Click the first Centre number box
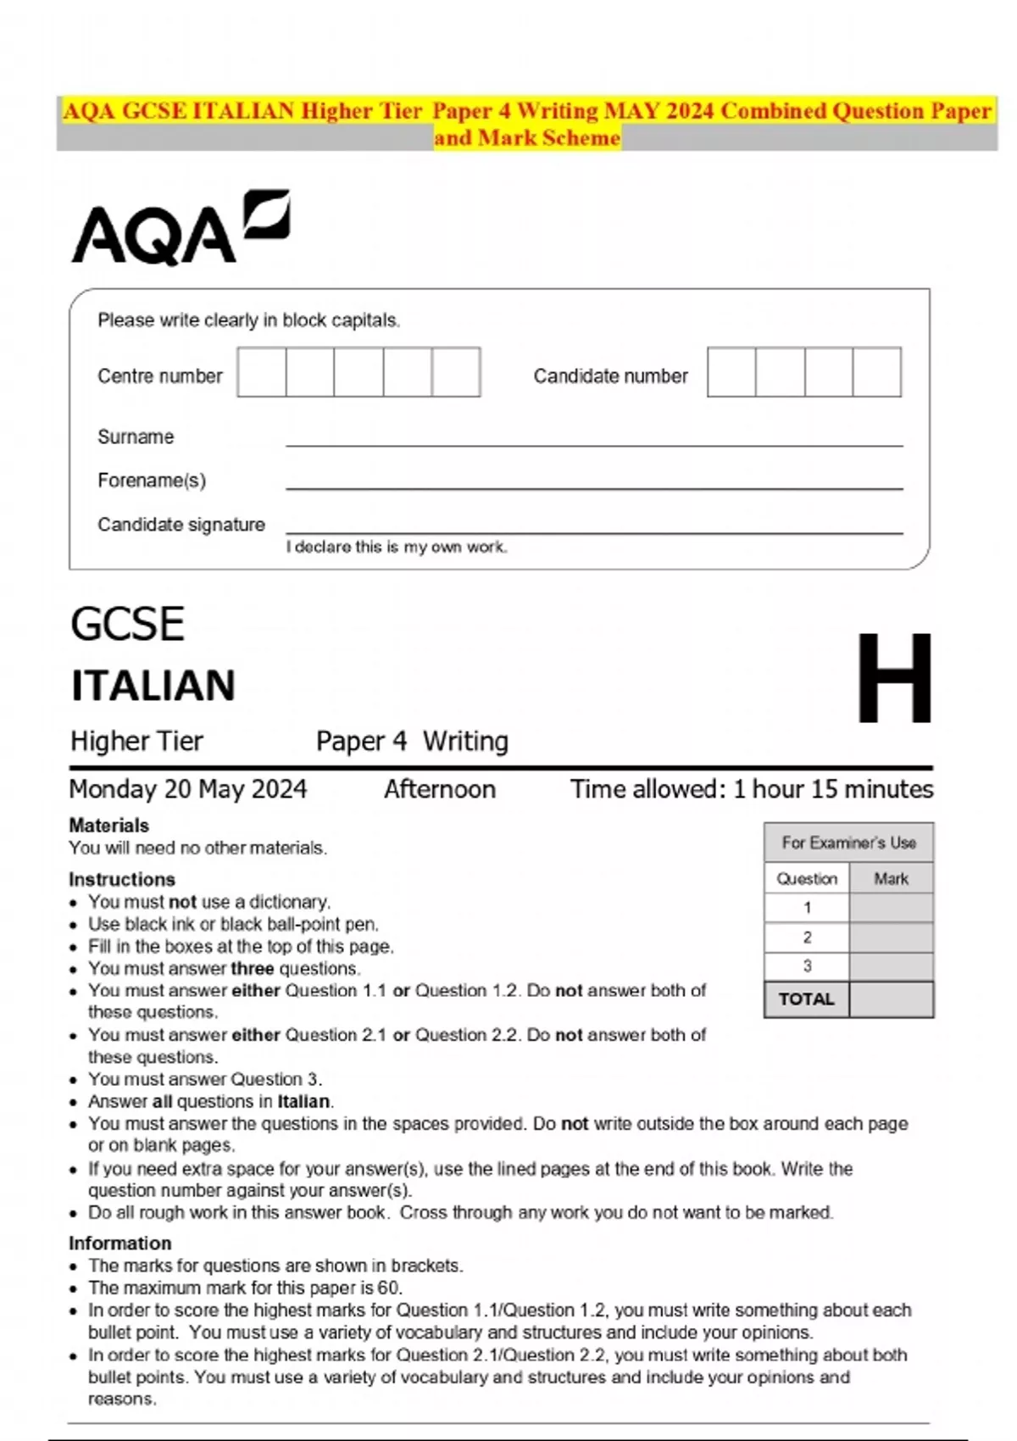tap(262, 372)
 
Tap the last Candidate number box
tap(876, 372)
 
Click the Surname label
tap(136, 437)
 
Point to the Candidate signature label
tap(181, 525)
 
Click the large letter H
tap(894, 679)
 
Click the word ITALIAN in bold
tap(153, 686)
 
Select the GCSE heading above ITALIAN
tap(127, 625)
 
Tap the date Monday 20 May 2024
tap(187, 789)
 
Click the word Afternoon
tap(439, 789)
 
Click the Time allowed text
tap(751, 789)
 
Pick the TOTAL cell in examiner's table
tap(806, 999)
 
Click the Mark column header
tap(891, 879)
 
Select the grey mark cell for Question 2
tap(891, 937)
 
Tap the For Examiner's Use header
tap(848, 843)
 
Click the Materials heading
tap(108, 826)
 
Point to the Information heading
tap(119, 1243)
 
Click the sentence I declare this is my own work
tap(397, 548)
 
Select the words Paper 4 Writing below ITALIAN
tap(412, 742)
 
